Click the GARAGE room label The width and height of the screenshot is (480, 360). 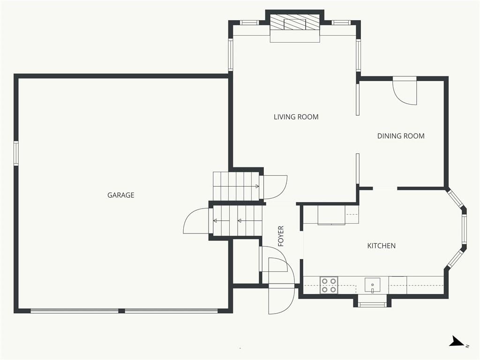(120, 195)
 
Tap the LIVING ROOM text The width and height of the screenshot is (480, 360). (296, 117)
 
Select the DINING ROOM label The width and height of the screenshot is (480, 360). (401, 136)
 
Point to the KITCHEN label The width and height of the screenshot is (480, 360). (382, 246)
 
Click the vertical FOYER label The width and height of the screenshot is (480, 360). (281, 236)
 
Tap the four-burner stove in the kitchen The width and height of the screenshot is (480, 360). (329, 285)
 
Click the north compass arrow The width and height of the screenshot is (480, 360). (458, 341)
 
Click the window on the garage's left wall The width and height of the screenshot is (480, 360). (16, 153)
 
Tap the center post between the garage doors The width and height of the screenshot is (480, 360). (121, 311)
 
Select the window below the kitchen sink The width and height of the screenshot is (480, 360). (372, 304)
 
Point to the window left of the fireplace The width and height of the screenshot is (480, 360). (249, 22)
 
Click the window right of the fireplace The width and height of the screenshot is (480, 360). (341, 22)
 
